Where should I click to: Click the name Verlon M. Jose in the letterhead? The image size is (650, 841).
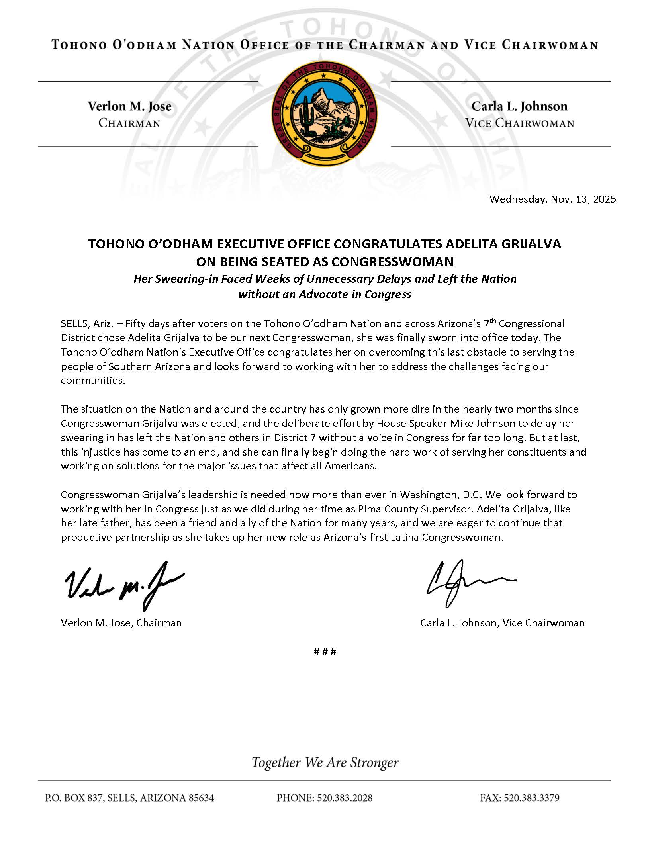(x=129, y=106)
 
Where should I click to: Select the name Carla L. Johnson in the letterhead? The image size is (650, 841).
(x=519, y=106)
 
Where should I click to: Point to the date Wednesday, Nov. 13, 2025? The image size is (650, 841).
(x=552, y=199)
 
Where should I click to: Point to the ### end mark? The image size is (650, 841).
(x=325, y=651)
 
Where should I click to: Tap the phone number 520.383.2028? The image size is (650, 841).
(x=345, y=798)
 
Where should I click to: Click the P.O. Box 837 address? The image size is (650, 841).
(x=129, y=798)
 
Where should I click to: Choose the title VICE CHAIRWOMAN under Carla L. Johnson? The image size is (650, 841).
(x=519, y=123)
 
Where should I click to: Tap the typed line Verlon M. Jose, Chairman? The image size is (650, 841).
(x=121, y=623)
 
